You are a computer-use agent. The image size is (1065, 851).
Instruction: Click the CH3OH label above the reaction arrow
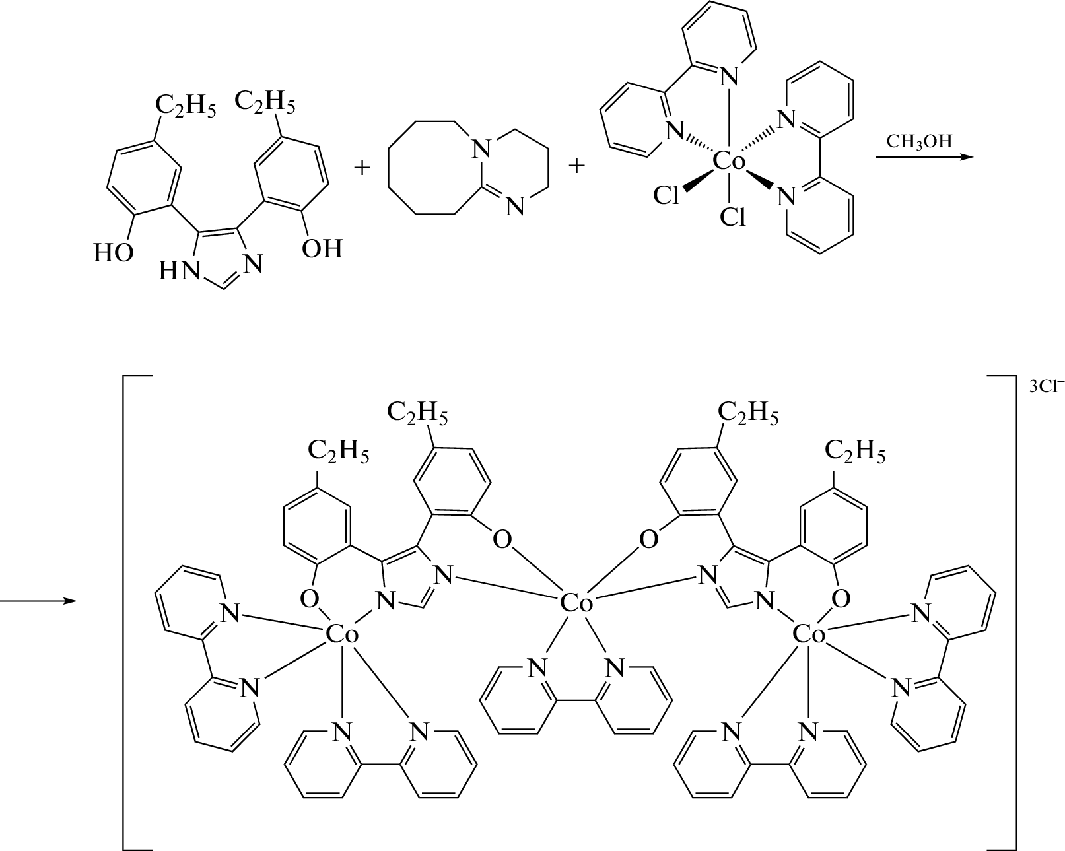[920, 142]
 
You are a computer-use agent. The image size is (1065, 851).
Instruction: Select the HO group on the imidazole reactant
[113, 253]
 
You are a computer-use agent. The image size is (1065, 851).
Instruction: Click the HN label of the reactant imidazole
[177, 271]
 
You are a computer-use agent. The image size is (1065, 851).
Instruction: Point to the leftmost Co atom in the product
[342, 635]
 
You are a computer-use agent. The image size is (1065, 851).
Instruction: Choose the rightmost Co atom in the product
[809, 635]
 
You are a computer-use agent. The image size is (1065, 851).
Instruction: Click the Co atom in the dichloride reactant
[729, 160]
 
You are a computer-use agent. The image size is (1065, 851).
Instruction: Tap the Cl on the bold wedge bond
[666, 195]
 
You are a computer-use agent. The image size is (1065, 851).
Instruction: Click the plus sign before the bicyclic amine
[362, 168]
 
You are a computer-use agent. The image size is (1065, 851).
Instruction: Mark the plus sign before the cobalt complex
[576, 166]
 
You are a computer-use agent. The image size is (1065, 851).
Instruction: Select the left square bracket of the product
[129, 611]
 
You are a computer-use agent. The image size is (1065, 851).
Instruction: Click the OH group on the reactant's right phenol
[322, 249]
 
